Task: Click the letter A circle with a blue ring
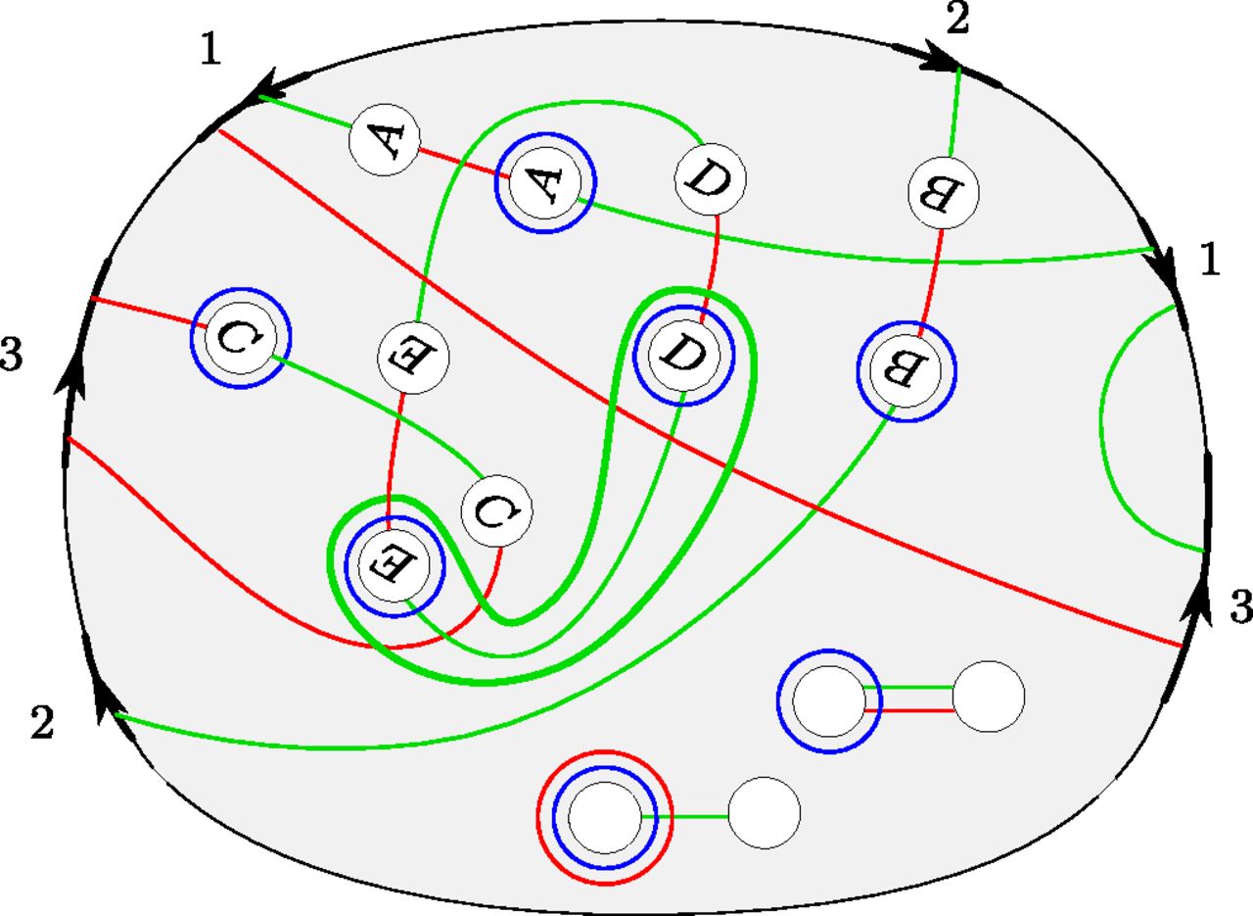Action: point(545,181)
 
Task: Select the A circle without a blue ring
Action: point(385,141)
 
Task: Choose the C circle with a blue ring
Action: point(241,337)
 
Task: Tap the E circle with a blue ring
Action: point(394,564)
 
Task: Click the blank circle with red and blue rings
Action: point(604,816)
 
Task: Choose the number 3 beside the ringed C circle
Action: point(12,357)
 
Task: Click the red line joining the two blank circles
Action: point(908,709)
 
